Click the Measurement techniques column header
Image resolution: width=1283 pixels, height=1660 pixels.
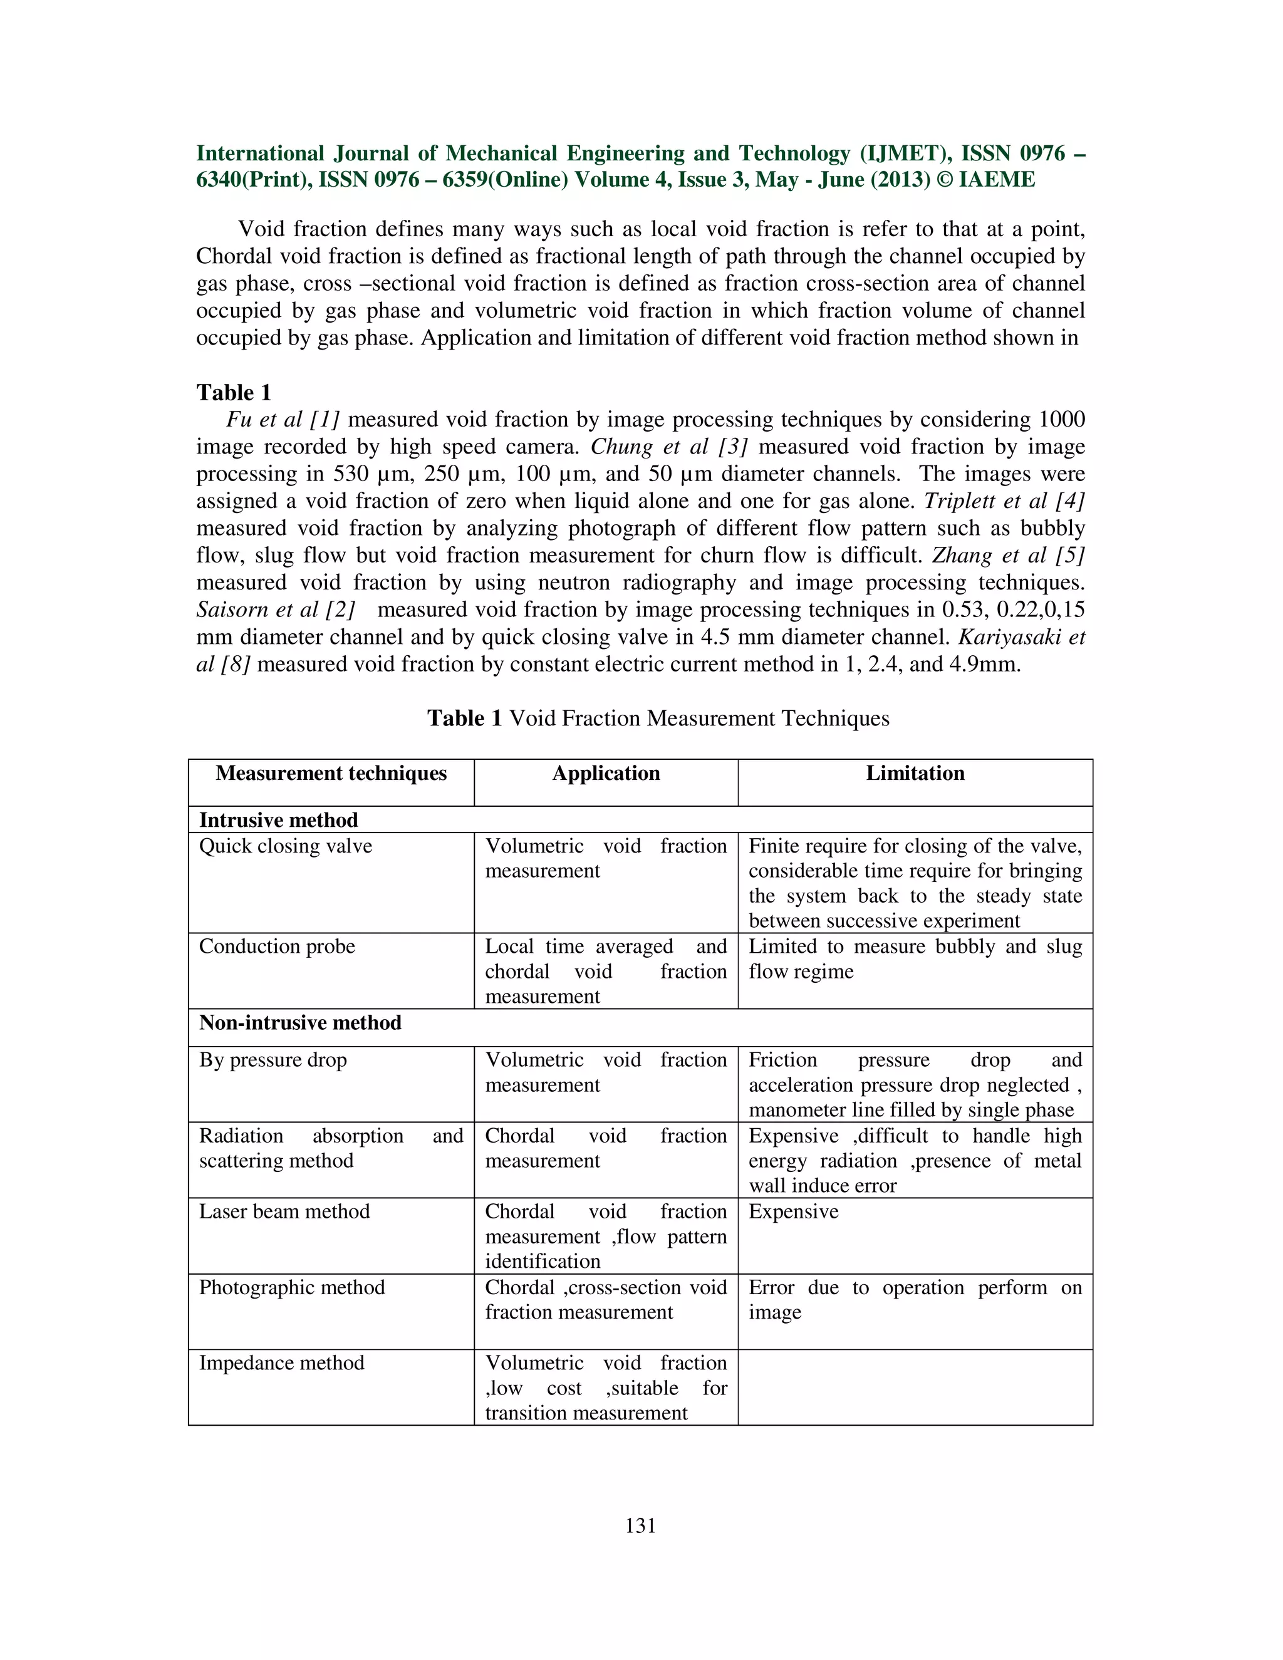[x=331, y=773]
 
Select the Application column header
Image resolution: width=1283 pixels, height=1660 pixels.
[x=606, y=773]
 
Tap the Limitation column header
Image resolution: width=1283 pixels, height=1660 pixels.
[x=915, y=773]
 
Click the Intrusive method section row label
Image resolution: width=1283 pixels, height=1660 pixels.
[x=278, y=820]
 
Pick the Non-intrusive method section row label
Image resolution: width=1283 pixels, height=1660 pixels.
[x=300, y=1022]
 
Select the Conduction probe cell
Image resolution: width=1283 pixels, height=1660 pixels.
[x=278, y=947]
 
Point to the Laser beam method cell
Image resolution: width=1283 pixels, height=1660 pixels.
[x=284, y=1211]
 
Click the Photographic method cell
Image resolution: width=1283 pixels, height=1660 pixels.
[x=292, y=1287]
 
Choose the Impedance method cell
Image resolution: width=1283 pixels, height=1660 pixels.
[x=282, y=1363]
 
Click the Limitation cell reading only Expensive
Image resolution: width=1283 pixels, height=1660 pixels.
[x=794, y=1211]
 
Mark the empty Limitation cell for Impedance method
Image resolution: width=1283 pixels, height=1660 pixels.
[x=915, y=1387]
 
